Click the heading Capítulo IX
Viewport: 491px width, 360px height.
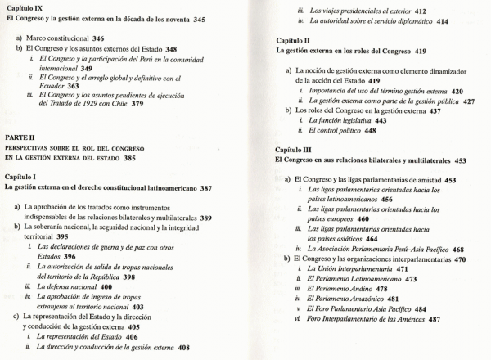25,7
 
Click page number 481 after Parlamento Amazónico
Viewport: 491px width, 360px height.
393,299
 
